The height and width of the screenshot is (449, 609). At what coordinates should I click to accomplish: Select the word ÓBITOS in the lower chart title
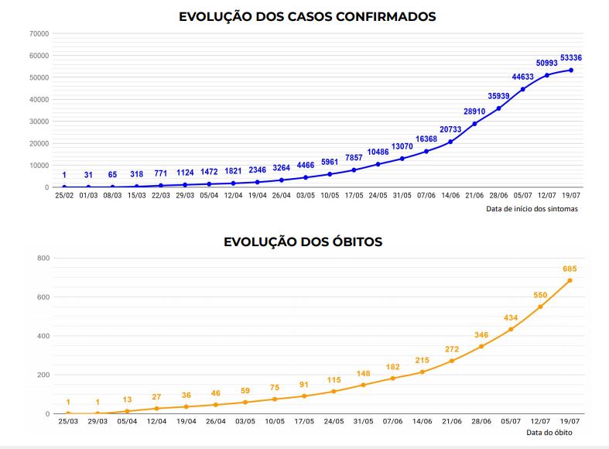347,242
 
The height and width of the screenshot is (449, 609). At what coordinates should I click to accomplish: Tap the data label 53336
571,58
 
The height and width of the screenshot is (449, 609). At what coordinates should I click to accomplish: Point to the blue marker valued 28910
474,124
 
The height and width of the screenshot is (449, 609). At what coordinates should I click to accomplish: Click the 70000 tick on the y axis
38,34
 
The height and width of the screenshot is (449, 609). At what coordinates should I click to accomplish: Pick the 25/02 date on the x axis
64,195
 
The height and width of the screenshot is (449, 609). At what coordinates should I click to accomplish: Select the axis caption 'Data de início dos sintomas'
532,208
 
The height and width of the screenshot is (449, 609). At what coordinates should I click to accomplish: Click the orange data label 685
570,269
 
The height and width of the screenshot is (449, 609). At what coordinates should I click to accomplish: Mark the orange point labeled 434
511,329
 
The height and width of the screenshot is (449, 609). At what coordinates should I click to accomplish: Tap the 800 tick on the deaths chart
43,258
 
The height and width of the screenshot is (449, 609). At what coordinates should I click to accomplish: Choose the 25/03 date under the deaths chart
68,422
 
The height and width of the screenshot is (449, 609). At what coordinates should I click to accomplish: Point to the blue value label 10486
378,152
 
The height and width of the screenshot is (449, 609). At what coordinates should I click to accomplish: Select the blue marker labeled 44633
523,89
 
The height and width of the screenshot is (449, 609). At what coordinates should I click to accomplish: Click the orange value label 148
363,373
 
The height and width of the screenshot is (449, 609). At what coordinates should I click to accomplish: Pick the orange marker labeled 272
452,361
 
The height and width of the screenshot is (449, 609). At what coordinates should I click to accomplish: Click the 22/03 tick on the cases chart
160,195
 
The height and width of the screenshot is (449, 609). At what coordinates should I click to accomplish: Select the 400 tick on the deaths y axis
43,336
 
